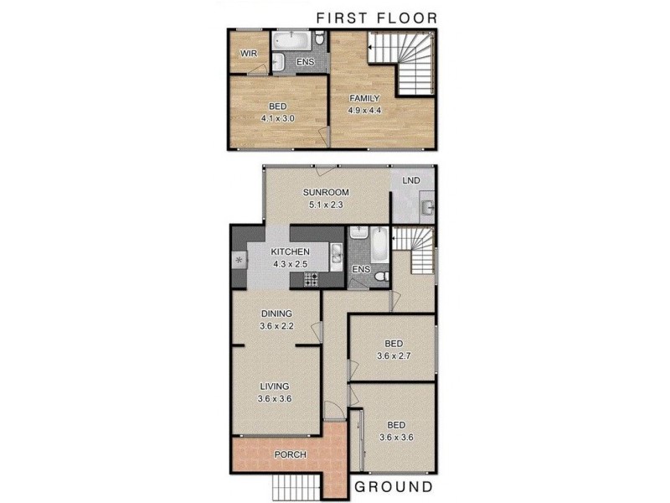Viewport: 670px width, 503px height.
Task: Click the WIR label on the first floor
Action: click(248, 54)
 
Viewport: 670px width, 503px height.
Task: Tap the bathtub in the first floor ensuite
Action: click(291, 39)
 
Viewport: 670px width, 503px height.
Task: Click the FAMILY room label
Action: click(364, 98)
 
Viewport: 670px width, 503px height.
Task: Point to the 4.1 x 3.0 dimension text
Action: click(280, 119)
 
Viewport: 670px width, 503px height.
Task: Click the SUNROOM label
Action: click(326, 191)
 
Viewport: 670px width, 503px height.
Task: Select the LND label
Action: click(411, 180)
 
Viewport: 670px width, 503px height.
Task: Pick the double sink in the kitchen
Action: click(335, 251)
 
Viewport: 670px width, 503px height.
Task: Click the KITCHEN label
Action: click(290, 251)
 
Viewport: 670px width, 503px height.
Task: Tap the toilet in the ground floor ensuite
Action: click(380, 276)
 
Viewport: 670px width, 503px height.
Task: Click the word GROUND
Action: click(393, 486)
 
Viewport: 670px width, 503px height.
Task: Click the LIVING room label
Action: click(275, 386)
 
